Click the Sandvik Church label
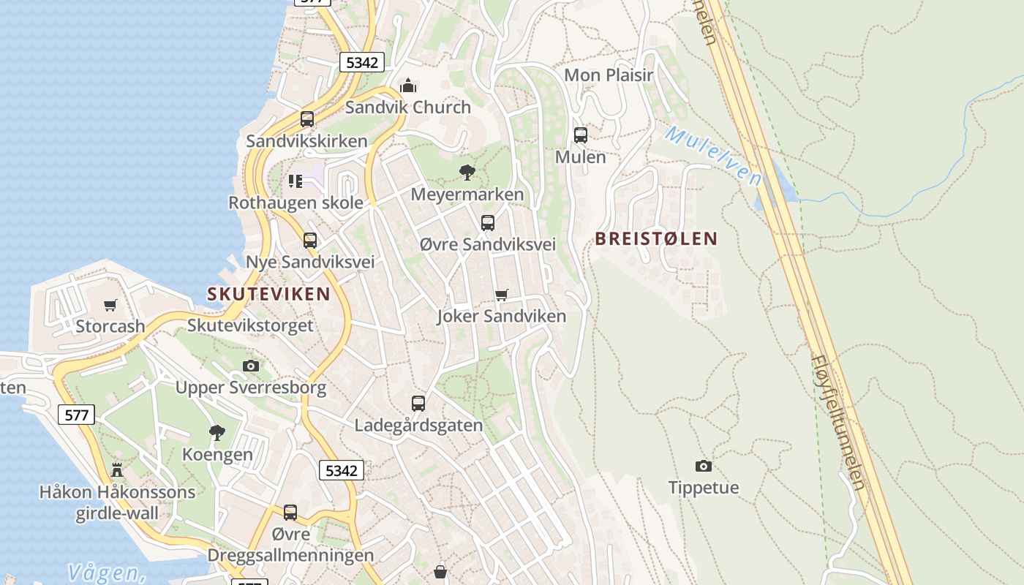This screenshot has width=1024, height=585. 407,107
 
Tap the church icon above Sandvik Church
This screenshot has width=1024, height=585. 408,86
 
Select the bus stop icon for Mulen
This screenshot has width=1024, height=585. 581,135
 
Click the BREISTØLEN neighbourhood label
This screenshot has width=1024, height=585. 656,238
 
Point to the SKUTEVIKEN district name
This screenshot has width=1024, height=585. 268,294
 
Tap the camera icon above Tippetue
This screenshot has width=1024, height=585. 703,466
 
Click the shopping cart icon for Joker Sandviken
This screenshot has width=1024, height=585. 501,295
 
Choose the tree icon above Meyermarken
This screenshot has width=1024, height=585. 467,173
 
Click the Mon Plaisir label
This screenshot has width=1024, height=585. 609,75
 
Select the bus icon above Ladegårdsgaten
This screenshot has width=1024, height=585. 418,404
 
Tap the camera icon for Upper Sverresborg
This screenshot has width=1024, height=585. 251,366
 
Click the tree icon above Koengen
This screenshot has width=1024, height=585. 217,433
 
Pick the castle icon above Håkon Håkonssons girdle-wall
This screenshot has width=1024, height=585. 117,469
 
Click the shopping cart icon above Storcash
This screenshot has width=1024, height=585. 110,305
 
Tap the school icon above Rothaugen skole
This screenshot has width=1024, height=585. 295,181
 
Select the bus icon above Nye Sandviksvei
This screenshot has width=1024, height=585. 310,241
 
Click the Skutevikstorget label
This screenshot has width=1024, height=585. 250,325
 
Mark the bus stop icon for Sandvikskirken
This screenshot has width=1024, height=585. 307,119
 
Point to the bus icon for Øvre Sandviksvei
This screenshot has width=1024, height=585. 488,223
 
